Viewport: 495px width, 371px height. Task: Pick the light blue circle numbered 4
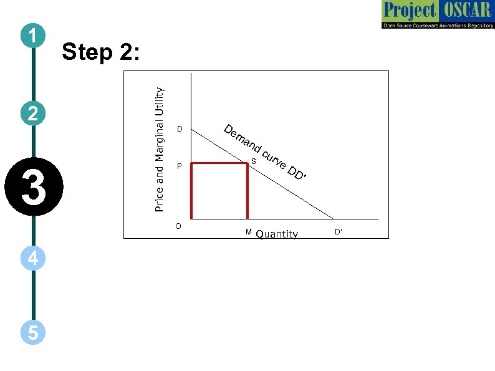click(x=33, y=258)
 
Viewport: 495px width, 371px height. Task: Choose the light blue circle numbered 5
click(x=33, y=333)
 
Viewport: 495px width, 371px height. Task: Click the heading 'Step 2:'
click(x=101, y=53)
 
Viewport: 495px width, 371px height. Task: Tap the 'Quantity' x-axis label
click(x=277, y=234)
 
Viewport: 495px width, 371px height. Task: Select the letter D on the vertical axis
click(x=179, y=130)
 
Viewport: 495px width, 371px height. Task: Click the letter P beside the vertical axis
click(x=179, y=167)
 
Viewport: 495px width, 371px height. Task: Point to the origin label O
click(x=178, y=225)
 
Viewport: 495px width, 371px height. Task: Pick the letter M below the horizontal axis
click(x=248, y=232)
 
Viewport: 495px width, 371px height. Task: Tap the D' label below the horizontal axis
click(x=339, y=232)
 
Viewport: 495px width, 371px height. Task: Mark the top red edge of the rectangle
click(x=219, y=163)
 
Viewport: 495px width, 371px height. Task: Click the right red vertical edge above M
click(x=247, y=191)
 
